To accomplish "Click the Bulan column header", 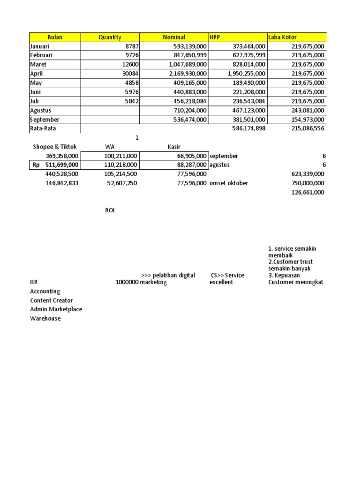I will (55, 37).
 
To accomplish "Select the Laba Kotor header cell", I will (282, 37).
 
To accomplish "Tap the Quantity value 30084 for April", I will (127, 74).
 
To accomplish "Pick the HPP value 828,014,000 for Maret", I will (247, 64).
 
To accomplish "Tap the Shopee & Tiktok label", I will (54, 147).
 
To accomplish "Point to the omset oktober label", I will (229, 183).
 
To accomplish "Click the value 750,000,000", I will (307, 183).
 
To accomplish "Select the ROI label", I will (110, 210).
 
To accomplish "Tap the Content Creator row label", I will (51, 300).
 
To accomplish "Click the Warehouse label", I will (45, 319).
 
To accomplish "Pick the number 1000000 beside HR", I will (127, 282).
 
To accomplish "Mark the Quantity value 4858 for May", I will (130, 82).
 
